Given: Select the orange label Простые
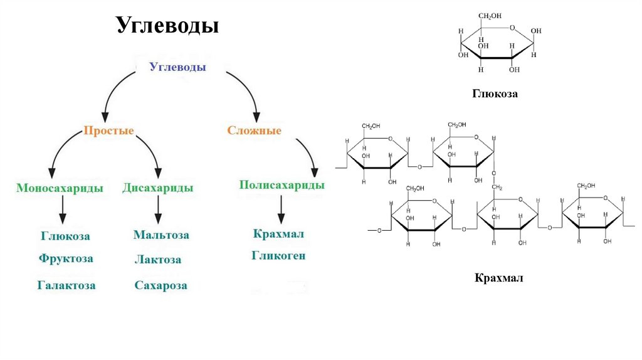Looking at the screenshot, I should pos(108,131).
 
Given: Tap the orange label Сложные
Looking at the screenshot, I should pos(254,131).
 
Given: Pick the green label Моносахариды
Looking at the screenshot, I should pos(60,188).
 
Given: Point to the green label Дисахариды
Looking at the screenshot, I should pos(157,188).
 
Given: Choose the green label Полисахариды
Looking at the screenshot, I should pos(282,185).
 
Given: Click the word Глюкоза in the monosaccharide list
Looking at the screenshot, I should pos(66,236).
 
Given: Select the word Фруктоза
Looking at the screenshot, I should pos(66,258).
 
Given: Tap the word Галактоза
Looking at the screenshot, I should pos(66,285).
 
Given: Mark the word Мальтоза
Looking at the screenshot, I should pos(161,235).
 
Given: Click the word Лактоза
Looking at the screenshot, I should pos(158,259).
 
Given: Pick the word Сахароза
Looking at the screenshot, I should pos(160,285).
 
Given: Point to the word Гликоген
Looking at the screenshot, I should pos(279,256).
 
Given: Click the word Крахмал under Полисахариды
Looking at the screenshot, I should pos(279,234).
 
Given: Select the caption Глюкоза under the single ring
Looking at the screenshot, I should pos(495,93).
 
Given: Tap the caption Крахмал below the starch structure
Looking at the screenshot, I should pos(498,277).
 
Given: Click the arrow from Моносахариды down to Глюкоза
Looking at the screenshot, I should pos(62,209).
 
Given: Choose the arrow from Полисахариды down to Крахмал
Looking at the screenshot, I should pos(281,208).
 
